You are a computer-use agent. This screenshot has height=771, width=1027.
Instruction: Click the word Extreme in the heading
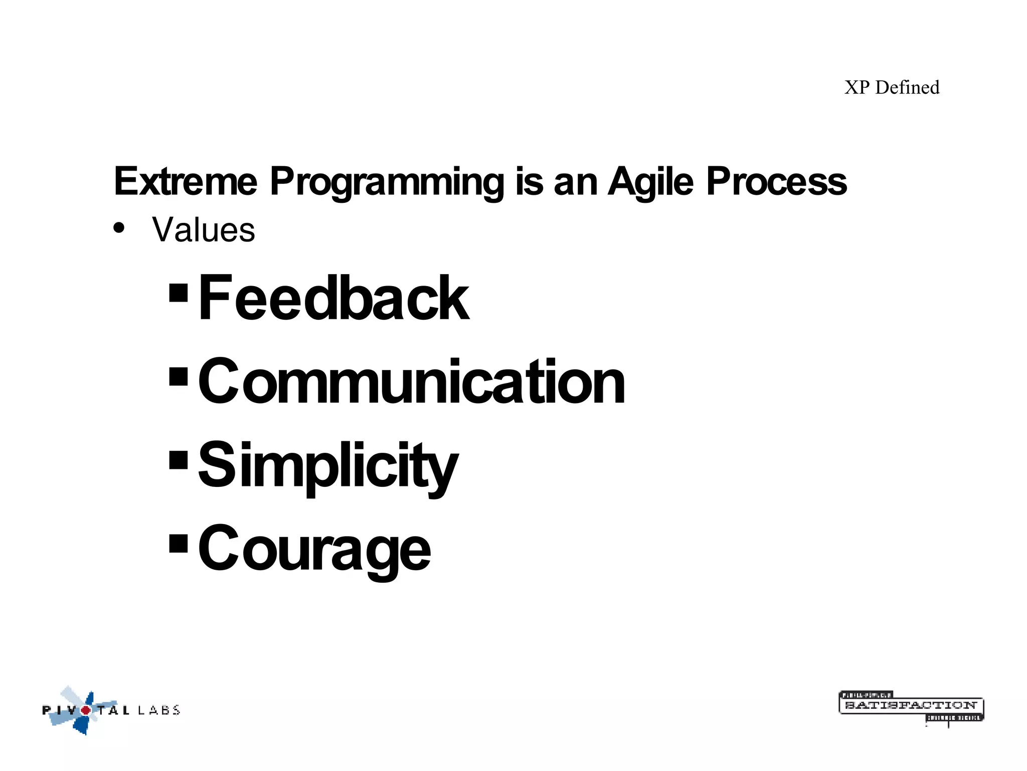point(186,182)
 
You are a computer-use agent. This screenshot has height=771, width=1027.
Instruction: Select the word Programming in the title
point(387,182)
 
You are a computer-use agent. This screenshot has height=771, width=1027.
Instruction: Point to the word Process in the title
point(776,182)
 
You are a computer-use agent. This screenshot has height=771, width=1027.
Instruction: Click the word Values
point(204,230)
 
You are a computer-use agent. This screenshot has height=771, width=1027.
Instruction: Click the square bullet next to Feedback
point(179,293)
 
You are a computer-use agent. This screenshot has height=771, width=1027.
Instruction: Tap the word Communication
point(411,381)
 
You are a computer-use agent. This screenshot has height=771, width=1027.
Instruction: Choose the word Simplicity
point(328,465)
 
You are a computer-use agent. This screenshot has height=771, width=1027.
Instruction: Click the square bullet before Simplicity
point(179,460)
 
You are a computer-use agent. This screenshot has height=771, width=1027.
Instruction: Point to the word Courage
point(314,549)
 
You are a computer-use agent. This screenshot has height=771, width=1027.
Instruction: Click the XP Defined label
point(892,88)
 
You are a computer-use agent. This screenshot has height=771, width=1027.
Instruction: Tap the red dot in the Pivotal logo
point(86,710)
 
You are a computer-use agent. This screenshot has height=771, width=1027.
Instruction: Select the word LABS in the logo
point(158,710)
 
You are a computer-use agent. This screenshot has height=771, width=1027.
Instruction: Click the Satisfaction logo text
point(911,705)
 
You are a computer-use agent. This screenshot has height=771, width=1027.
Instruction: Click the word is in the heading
point(529,182)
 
